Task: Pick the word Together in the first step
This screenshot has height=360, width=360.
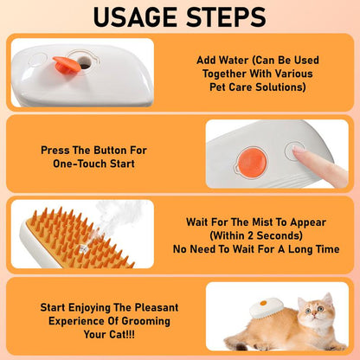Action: click(x=221, y=74)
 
